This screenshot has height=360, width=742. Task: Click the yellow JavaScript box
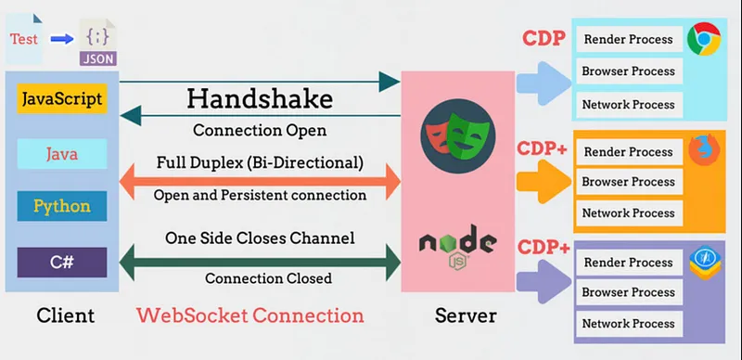(x=62, y=98)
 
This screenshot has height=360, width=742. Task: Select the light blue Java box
(x=62, y=154)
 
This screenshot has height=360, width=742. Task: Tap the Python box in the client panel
(x=62, y=206)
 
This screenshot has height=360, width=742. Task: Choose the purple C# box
(x=62, y=262)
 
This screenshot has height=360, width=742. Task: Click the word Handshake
(x=260, y=98)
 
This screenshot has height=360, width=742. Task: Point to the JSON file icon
(x=98, y=42)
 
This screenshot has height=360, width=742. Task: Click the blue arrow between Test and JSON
(x=62, y=39)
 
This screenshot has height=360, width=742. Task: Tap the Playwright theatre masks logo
(x=458, y=136)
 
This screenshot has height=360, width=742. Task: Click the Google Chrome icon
(x=704, y=39)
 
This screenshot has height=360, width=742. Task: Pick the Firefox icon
(x=704, y=150)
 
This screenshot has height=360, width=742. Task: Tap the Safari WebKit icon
(x=705, y=264)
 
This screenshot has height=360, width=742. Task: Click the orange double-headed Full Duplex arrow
(x=260, y=182)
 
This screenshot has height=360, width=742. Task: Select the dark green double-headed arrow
(x=260, y=262)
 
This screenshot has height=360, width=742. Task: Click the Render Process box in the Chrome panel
(x=629, y=39)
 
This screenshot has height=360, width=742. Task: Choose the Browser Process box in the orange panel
(x=629, y=182)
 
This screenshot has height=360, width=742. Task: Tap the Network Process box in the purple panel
(x=629, y=324)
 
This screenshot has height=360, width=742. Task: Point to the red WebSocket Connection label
(x=249, y=315)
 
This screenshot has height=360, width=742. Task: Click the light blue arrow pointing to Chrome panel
(x=544, y=84)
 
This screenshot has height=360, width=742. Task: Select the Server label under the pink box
(x=466, y=315)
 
